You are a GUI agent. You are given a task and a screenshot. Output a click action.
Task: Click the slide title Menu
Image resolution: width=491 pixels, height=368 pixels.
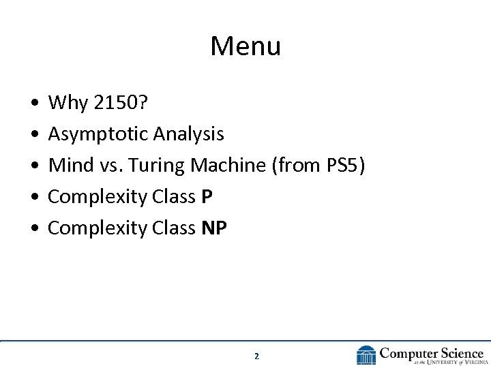coord(245,46)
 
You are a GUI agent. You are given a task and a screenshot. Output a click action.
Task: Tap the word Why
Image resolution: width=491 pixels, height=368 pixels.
coord(67,103)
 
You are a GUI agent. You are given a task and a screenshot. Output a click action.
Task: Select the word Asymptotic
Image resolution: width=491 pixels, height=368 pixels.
coord(98,134)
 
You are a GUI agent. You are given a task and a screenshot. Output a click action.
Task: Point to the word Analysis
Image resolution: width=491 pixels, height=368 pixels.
coord(188,134)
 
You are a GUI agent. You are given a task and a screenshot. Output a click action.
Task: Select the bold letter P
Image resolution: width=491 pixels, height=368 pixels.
coord(207,197)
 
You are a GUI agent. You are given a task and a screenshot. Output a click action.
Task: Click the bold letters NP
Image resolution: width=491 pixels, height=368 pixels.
coord(214,228)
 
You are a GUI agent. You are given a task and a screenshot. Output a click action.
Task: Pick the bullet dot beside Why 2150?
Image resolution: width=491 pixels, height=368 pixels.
coord(34,104)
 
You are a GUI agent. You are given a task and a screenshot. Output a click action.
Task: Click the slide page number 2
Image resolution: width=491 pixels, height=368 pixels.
coord(256,356)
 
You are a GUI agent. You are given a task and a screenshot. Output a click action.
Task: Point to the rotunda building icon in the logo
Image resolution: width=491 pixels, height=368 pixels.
coord(366,355)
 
